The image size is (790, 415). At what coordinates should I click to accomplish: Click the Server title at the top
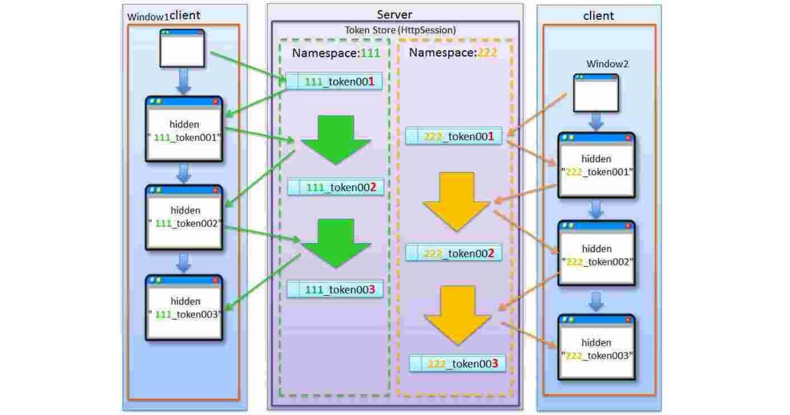point(394,14)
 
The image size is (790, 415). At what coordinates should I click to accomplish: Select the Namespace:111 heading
point(336,54)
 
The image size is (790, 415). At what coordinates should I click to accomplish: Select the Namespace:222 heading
point(453,53)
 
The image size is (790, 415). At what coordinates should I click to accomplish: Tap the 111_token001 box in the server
point(334,82)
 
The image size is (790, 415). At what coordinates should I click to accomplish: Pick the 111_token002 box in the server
point(335,188)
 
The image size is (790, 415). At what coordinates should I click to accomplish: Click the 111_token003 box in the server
point(334,289)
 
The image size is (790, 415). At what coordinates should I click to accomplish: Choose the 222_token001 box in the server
point(454,136)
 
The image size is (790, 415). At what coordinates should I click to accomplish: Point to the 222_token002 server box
point(454,253)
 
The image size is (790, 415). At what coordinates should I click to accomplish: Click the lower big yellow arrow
point(458,315)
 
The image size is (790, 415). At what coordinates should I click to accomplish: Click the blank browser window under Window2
point(596,92)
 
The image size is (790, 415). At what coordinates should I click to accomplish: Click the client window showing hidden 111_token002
point(184,217)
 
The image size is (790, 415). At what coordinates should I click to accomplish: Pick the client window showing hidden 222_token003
point(596,347)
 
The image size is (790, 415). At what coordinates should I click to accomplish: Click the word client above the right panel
point(598,16)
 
